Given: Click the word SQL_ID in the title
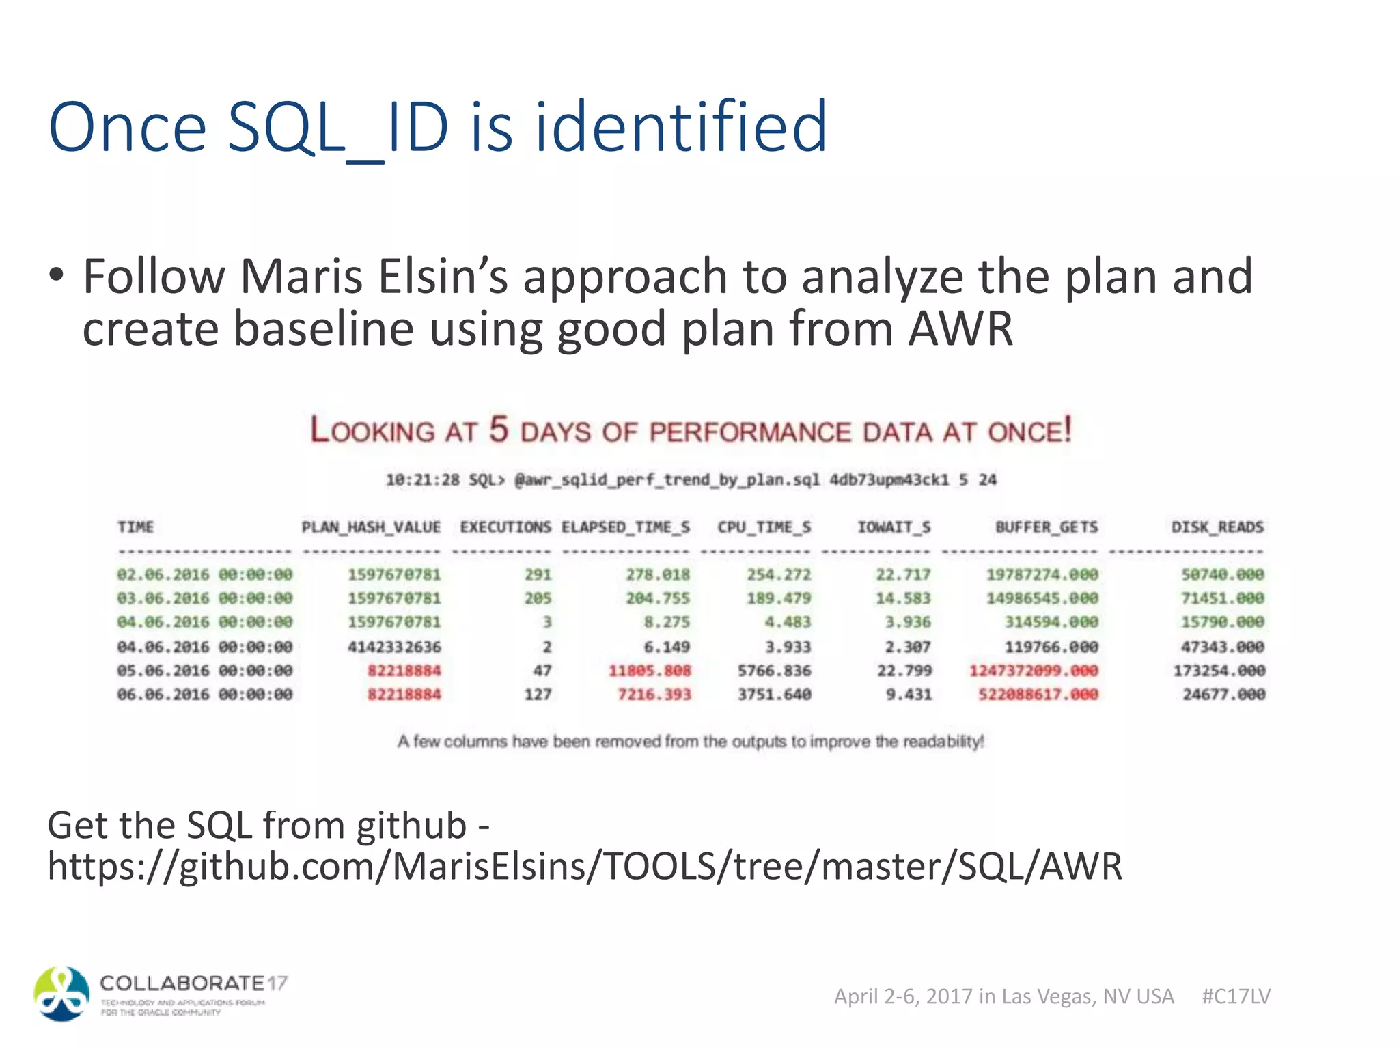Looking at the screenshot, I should pos(337,128).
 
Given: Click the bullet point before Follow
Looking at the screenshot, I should pos(57,276).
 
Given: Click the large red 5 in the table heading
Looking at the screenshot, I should pos(498,430).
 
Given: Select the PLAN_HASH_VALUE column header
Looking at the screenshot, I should pos(371,527).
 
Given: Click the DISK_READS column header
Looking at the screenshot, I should pos(1217,527).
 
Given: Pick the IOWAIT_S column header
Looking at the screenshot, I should pos(894,527).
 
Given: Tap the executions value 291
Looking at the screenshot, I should pos(538,574).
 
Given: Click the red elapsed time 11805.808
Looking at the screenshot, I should pos(650,671).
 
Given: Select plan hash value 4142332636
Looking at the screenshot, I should pos(394,647).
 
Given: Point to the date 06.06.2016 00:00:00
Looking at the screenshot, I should pos(204,695).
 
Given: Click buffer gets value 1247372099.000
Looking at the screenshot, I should pos(1034,671).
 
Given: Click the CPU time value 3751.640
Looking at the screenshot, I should pos(774,695).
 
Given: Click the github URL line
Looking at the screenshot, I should pos(584,867).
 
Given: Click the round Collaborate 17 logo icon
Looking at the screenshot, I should pos(62,994).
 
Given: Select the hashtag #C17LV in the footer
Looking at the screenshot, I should pos(1236,996).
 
